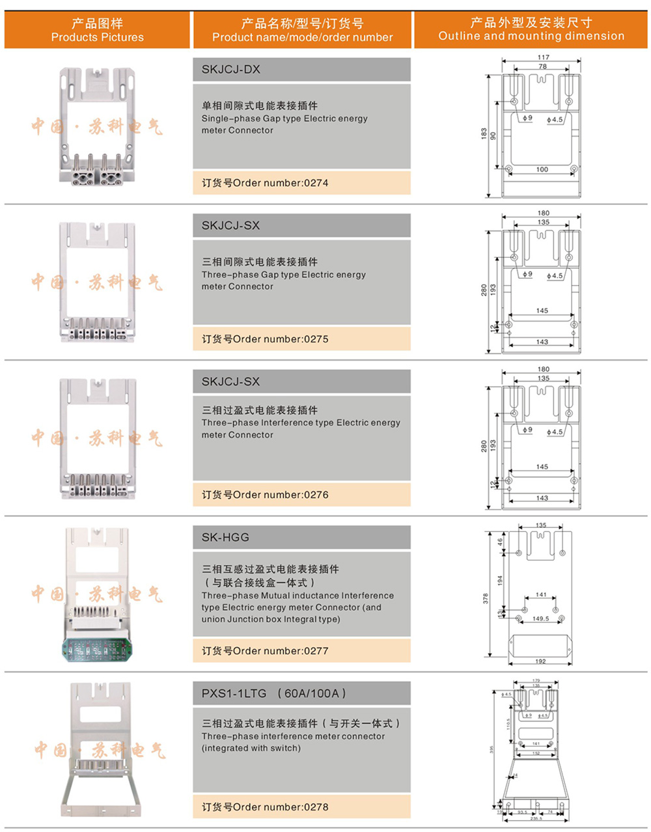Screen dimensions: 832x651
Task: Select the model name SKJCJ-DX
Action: (x=230, y=70)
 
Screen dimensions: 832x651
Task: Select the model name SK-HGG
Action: (x=225, y=538)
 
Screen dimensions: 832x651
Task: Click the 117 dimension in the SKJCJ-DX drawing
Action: (x=543, y=57)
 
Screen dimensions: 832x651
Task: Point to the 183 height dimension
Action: (x=484, y=133)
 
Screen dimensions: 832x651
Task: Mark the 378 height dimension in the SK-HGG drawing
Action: (x=486, y=598)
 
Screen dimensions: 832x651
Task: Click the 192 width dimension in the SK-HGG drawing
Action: (x=540, y=661)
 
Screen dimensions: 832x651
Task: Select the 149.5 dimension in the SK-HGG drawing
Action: (x=540, y=618)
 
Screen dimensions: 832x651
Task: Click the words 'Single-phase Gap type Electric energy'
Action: (x=284, y=118)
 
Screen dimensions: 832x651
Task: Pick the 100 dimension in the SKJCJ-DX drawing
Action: (x=542, y=169)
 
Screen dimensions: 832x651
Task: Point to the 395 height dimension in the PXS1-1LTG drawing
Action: (x=492, y=749)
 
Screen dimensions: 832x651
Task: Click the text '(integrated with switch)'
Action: (x=251, y=749)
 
